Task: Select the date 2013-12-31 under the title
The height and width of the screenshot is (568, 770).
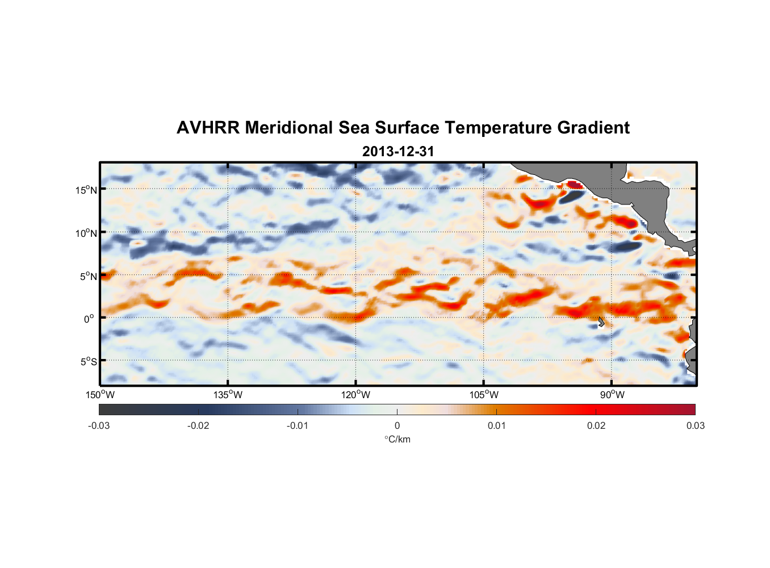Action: [x=397, y=152]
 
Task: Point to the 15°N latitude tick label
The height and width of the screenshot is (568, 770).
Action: [x=86, y=190]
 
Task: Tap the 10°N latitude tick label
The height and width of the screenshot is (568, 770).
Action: [x=86, y=233]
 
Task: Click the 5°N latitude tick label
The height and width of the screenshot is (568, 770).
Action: [x=88, y=276]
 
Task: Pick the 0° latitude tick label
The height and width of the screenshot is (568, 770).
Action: [x=89, y=319]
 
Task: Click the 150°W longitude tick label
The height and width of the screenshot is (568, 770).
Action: [x=100, y=395]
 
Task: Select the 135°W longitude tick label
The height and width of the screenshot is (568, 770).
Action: [x=228, y=395]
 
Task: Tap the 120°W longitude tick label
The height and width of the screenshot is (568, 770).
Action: [x=356, y=395]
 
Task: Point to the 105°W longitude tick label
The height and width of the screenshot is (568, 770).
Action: [x=484, y=395]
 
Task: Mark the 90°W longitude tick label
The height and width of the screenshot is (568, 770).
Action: [x=612, y=395]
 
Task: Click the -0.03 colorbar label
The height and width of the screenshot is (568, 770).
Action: [x=99, y=425]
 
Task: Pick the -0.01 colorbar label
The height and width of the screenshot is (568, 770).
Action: [x=298, y=425]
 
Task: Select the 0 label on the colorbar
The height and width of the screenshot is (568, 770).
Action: [x=397, y=425]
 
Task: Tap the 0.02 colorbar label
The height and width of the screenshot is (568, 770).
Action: [x=596, y=425]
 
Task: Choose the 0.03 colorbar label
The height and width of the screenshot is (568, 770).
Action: [x=695, y=425]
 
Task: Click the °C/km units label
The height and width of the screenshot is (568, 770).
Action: [x=397, y=439]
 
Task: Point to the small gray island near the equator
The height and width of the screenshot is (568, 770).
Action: [x=601, y=321]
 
